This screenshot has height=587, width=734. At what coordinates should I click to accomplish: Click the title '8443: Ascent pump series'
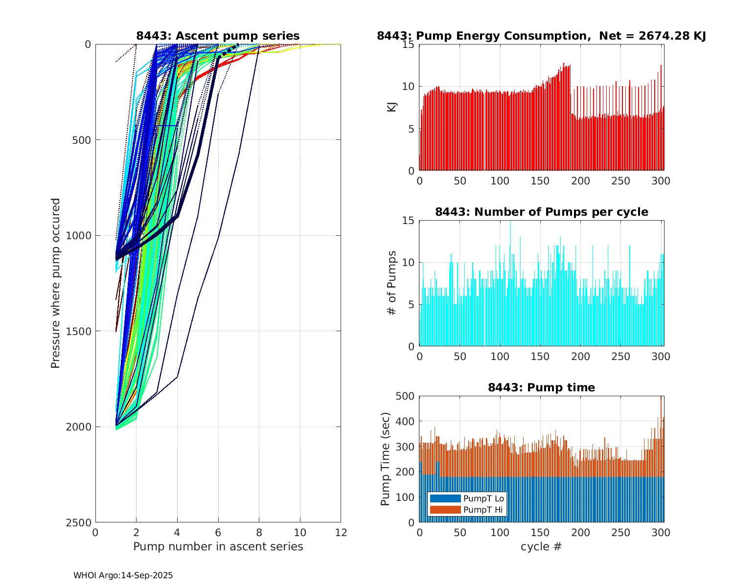[218, 36]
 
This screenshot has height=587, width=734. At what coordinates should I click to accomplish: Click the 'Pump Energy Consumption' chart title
[541, 36]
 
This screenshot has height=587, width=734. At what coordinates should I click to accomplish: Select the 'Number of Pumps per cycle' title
[541, 212]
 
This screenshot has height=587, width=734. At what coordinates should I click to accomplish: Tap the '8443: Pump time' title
[541, 387]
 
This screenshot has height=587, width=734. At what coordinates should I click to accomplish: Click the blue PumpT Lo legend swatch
[445, 498]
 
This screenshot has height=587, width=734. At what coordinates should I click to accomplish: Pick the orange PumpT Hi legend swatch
[445, 510]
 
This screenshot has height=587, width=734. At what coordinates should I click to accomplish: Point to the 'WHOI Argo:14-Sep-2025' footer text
[123, 575]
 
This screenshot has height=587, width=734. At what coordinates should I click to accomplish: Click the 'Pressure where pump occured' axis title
[55, 283]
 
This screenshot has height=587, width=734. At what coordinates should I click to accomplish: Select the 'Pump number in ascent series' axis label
[218, 546]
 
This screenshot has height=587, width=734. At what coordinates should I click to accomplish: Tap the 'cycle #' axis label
[541, 546]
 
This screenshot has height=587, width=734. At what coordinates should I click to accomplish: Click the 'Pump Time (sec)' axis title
[385, 459]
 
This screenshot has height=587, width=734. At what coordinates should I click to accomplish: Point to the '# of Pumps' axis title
[391, 283]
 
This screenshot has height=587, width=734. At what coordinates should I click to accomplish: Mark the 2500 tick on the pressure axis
[80, 522]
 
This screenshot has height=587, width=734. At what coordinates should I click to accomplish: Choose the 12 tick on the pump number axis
[341, 533]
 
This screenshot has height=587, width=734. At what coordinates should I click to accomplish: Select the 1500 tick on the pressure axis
[80, 331]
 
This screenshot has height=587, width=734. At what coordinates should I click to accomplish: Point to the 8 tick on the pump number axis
[259, 533]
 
